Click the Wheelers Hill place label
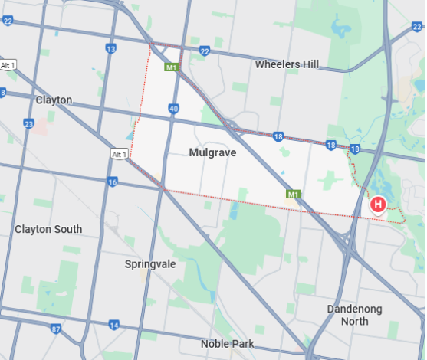click(x=287, y=64)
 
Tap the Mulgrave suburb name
click(x=212, y=152)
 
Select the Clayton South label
click(x=48, y=229)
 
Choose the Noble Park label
click(x=227, y=344)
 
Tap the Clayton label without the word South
click(x=54, y=100)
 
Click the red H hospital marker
click(x=377, y=205)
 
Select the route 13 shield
click(x=111, y=49)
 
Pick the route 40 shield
click(x=174, y=109)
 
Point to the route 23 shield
click(x=28, y=123)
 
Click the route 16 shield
click(x=113, y=182)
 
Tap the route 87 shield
click(x=56, y=329)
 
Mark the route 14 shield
click(x=113, y=326)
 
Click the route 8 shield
click(x=3, y=93)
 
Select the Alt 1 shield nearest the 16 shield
click(x=118, y=155)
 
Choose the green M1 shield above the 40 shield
click(x=171, y=67)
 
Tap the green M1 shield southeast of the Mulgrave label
click(x=292, y=195)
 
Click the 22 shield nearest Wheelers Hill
click(x=204, y=51)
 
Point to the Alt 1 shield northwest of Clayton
click(x=8, y=64)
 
